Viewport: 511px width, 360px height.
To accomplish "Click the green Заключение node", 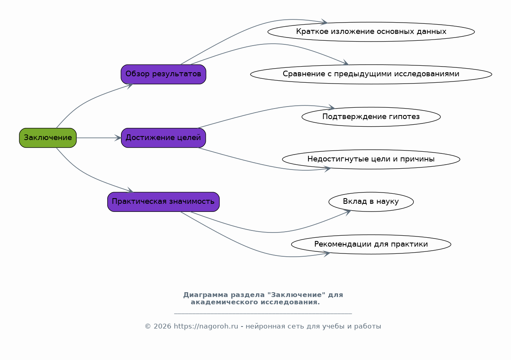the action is point(48,138).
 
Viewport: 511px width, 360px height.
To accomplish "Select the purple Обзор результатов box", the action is point(163,74).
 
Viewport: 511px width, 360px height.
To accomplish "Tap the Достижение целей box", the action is point(163,138).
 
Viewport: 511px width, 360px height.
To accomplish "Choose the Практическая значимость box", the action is point(163,202).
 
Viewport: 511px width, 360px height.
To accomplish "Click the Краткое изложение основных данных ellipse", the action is point(371,32).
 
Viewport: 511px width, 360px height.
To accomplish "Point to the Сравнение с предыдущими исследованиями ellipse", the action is point(371,74).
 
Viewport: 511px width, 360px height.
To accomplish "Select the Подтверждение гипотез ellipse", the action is point(371,117).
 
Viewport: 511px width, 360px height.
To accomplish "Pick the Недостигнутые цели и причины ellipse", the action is point(371,159).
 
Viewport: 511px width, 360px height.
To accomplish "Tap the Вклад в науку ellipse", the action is point(371,202).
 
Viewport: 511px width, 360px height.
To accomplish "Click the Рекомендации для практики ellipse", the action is point(371,244).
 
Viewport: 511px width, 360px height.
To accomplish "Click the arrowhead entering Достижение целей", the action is point(118,138).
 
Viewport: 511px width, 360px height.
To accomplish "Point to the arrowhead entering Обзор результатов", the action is point(130,86).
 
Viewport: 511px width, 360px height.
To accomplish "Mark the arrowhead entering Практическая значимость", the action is point(130,190).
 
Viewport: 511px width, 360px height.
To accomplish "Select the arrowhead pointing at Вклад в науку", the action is point(348,213).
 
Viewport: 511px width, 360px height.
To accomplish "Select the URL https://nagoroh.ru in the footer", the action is point(206,327).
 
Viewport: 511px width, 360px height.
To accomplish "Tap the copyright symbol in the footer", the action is point(148,327).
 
